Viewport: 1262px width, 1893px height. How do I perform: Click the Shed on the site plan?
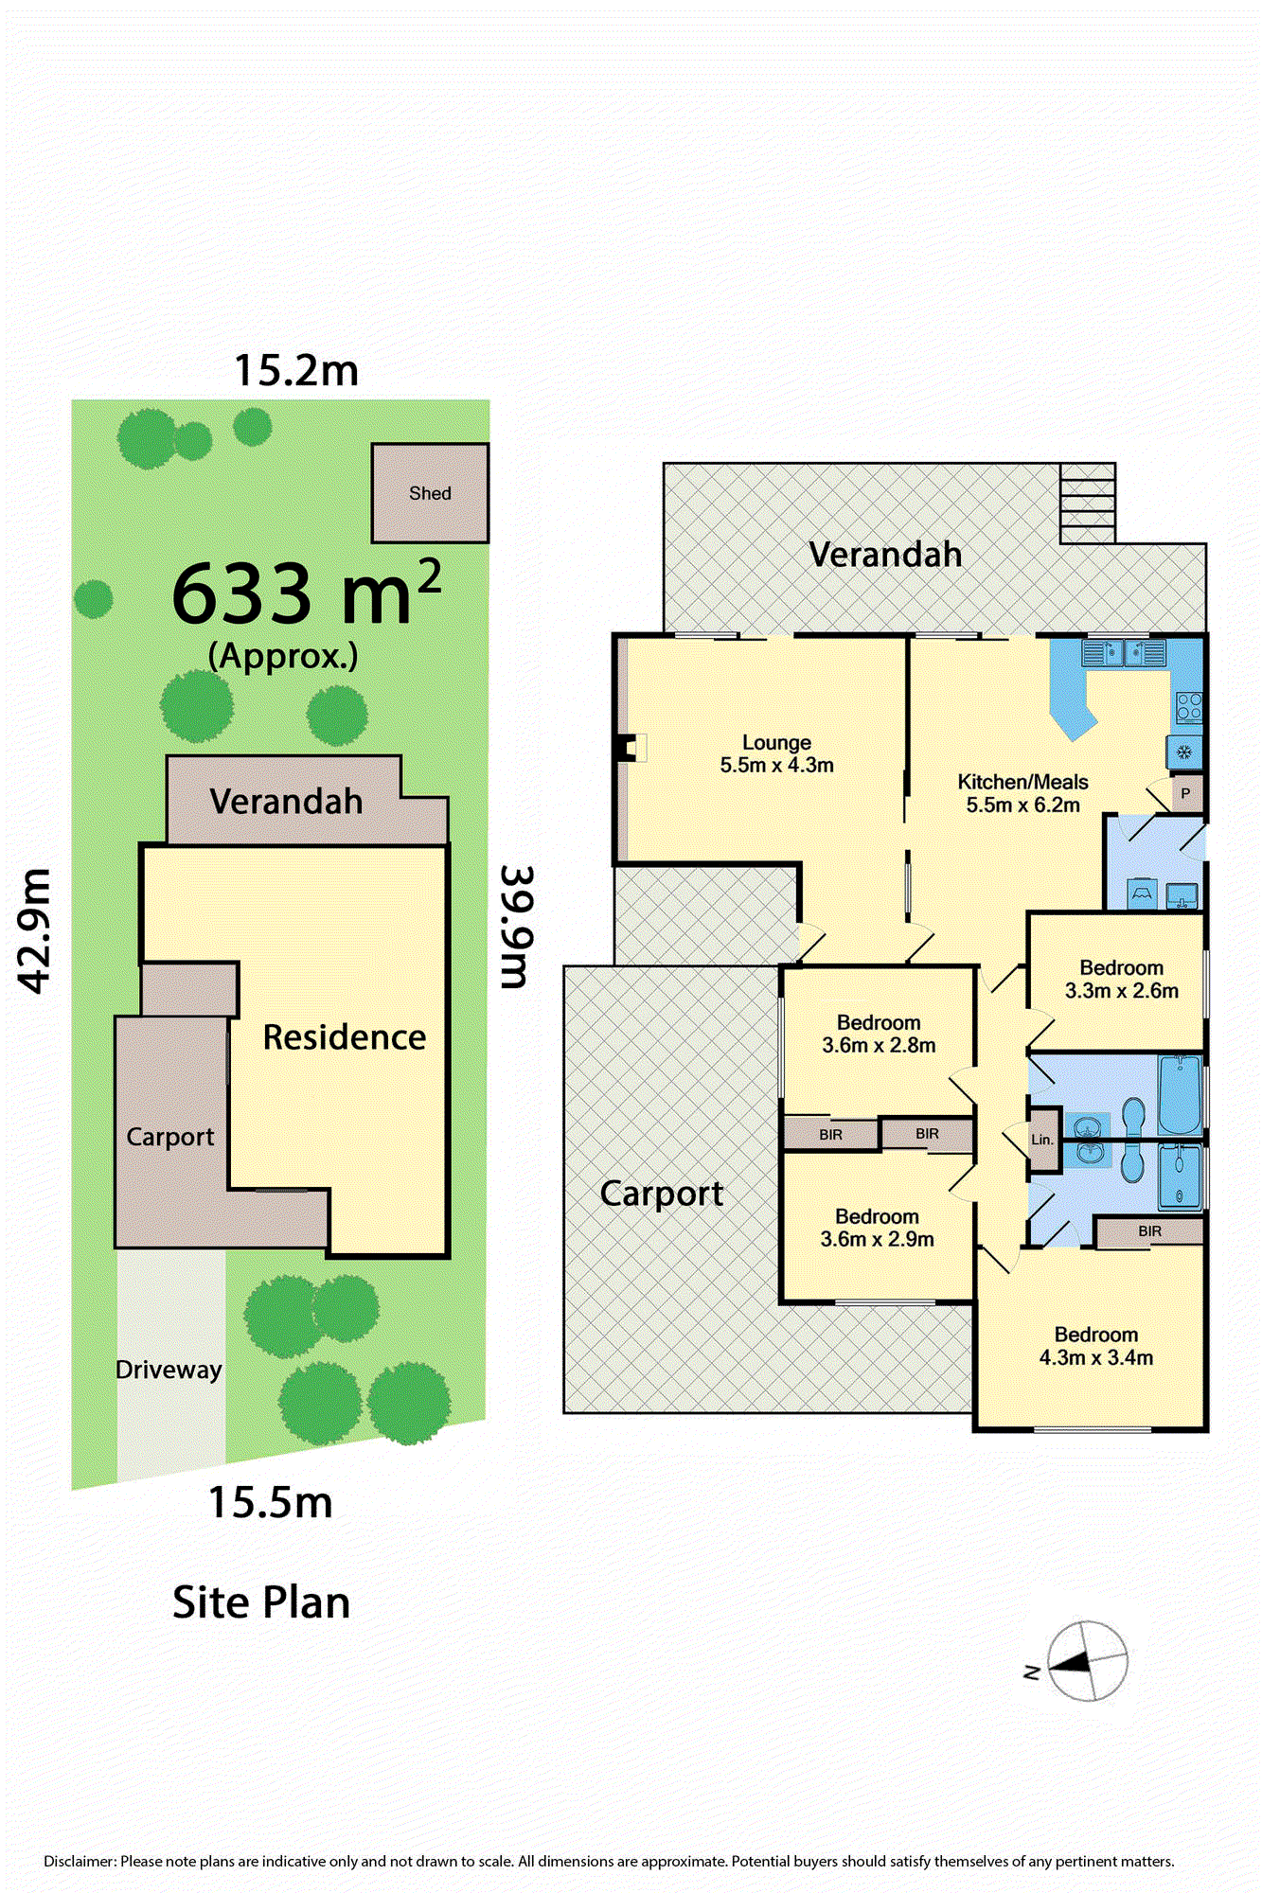[x=430, y=493]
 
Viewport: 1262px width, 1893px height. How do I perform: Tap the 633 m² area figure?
[x=307, y=593]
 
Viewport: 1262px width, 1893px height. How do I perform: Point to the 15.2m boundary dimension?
[x=296, y=370]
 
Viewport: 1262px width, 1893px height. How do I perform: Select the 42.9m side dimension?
[x=35, y=929]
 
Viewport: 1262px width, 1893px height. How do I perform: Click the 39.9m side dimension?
[x=518, y=927]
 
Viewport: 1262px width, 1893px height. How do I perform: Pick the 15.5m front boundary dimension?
[x=271, y=1502]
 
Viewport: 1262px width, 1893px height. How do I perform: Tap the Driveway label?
[x=169, y=1370]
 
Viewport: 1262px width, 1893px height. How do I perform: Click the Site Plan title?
[x=261, y=1602]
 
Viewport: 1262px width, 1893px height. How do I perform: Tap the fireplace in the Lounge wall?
[x=631, y=748]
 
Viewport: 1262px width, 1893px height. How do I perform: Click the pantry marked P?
[x=1186, y=793]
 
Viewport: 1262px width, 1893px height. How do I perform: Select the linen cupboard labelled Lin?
[x=1042, y=1140]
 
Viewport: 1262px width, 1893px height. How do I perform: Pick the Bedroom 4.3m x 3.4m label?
[x=1096, y=1346]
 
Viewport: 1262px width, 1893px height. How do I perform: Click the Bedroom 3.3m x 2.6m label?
[x=1122, y=979]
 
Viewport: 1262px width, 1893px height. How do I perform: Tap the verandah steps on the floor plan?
[x=1087, y=503]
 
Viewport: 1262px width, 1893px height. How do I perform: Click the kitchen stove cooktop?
[x=1188, y=707]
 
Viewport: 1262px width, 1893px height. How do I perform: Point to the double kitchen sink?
[x=1124, y=653]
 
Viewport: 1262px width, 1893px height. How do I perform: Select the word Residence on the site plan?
[x=345, y=1037]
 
